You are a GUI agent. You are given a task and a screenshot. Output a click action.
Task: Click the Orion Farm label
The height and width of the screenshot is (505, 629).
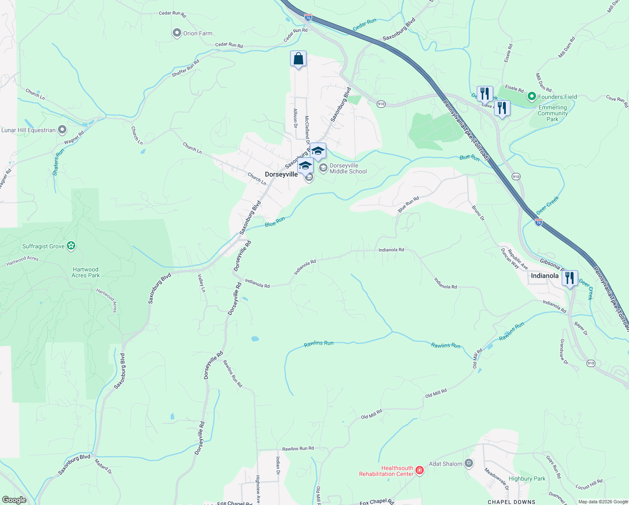[198, 33]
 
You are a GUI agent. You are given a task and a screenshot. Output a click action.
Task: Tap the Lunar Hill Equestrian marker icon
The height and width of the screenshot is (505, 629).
[62, 130]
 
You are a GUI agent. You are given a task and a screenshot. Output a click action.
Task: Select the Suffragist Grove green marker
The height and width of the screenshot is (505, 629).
[71, 246]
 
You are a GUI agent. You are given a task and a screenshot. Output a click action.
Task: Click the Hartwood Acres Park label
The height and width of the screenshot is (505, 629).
[85, 272]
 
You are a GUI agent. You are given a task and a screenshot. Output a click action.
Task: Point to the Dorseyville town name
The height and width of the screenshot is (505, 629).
[281, 174]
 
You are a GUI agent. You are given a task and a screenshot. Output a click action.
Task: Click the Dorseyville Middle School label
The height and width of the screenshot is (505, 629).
[348, 168]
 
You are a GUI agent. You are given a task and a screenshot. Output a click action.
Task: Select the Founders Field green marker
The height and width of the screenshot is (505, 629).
[531, 97]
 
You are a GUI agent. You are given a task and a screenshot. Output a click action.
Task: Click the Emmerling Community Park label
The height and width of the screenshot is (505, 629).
[552, 113]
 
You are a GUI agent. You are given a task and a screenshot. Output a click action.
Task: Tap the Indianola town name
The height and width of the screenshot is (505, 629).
[544, 276]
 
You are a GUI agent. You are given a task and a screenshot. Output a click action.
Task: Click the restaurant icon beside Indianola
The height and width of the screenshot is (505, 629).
[570, 278]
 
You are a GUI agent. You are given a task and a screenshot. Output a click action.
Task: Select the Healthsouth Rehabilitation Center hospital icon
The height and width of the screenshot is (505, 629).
[419, 470]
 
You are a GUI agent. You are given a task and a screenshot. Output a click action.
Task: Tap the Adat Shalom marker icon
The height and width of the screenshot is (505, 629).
[469, 464]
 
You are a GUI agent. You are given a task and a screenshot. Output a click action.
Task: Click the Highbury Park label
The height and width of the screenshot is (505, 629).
[527, 478]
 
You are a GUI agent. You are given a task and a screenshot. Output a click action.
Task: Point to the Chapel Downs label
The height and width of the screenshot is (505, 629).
[511, 502]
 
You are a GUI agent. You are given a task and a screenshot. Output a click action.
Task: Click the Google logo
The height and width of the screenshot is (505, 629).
[14, 500]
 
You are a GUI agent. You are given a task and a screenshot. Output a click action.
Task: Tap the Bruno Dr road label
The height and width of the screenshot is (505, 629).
[478, 213]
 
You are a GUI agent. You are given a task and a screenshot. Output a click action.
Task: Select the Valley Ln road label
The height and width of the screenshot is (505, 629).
[202, 283]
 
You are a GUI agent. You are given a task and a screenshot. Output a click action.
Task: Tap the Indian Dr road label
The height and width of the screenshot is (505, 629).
[277, 466]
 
